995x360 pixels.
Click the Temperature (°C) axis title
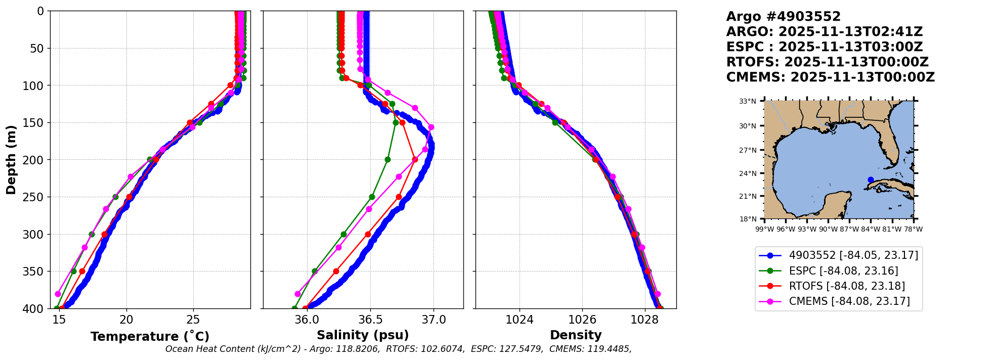coord(150,336)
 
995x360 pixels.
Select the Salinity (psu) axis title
coord(363,335)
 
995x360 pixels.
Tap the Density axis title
coord(576,335)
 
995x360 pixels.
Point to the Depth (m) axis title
coord(11,160)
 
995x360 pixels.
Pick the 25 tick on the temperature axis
coord(193,320)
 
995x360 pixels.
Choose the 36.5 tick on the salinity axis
coord(370,320)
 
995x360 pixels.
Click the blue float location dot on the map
coord(871,179)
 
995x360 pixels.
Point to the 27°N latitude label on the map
coord(748,150)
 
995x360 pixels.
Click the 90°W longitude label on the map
coord(828,229)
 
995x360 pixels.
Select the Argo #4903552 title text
coord(784,17)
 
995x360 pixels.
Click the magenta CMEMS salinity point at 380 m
coord(297,294)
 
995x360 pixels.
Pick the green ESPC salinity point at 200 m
coord(387,159)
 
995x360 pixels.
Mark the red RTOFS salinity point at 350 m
coord(336,271)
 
